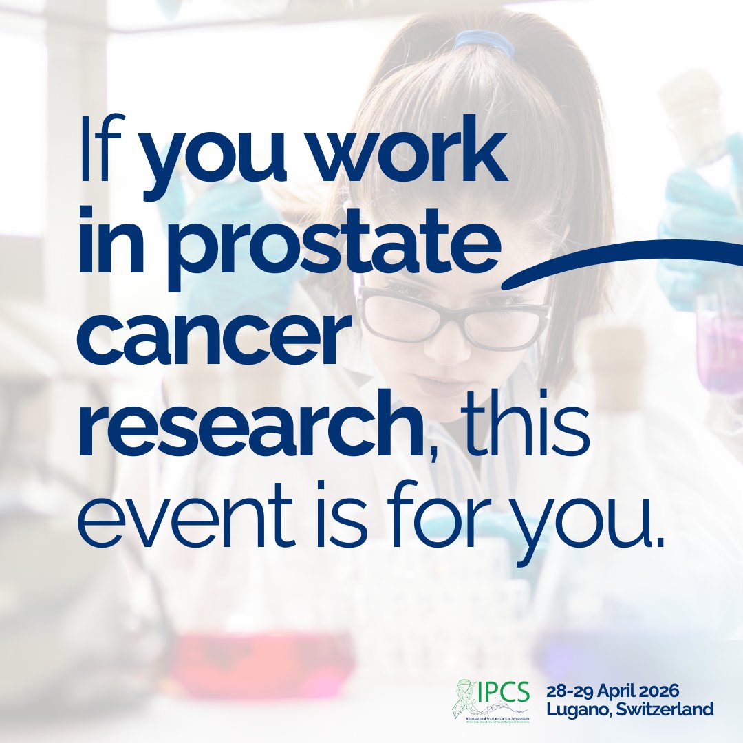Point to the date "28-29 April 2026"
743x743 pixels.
coord(629,691)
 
